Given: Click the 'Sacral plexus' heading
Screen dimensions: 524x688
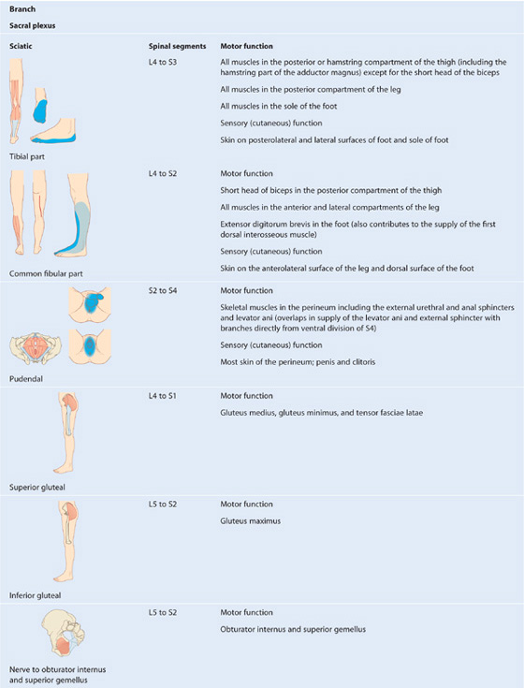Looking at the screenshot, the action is (x=33, y=25).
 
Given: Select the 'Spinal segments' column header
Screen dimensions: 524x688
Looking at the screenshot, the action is (x=177, y=46).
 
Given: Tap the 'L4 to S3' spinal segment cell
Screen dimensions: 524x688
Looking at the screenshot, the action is (x=163, y=63).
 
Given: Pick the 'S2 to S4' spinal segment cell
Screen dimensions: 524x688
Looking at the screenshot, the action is (x=163, y=290).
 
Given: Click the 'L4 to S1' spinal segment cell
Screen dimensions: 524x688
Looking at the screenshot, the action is (x=162, y=396).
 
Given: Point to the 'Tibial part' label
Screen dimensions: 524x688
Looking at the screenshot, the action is (x=27, y=156).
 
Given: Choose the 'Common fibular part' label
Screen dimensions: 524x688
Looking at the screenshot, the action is (x=46, y=273).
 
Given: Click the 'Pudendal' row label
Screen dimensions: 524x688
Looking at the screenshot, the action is (x=26, y=379).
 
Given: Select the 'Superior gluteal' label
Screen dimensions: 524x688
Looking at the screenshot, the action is (x=37, y=487).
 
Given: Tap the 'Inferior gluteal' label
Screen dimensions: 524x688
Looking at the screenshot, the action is (x=35, y=595).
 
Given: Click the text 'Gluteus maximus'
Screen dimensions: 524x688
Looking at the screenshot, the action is (x=251, y=521).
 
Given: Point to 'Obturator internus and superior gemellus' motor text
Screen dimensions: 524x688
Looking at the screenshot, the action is (x=293, y=630).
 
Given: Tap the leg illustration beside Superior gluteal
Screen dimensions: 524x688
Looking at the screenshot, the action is (x=67, y=433).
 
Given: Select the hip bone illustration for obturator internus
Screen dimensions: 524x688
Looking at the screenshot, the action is (x=63, y=636).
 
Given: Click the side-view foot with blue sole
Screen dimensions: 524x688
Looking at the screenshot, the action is (x=53, y=130).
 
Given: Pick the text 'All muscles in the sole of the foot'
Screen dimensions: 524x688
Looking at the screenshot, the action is (x=279, y=106).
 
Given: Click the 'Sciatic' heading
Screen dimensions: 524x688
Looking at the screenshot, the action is (x=21, y=46).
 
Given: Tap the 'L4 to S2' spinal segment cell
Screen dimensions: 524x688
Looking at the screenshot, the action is (x=163, y=174).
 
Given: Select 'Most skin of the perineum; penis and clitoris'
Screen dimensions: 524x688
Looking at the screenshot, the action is (x=298, y=362).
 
